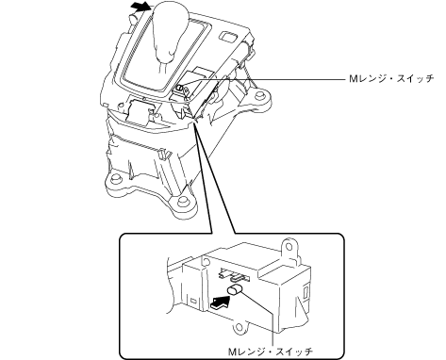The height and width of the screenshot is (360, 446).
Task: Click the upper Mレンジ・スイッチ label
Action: (391, 78)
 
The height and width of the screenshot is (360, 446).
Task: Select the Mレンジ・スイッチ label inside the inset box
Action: (270, 352)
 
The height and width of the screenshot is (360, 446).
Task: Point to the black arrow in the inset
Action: (221, 303)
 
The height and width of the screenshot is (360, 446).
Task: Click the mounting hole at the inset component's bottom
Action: (240, 328)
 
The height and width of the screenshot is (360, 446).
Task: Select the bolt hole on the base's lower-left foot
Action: (116, 180)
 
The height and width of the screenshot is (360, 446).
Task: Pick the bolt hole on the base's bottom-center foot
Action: (181, 201)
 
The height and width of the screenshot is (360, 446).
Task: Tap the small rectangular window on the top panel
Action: (227, 36)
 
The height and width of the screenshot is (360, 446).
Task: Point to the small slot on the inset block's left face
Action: (194, 302)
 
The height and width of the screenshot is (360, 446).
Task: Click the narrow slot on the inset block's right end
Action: (306, 290)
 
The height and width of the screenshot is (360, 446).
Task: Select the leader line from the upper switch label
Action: (263, 80)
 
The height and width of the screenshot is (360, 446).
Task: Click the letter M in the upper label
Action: (354, 78)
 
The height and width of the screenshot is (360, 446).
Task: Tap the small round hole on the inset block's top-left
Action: (205, 261)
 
